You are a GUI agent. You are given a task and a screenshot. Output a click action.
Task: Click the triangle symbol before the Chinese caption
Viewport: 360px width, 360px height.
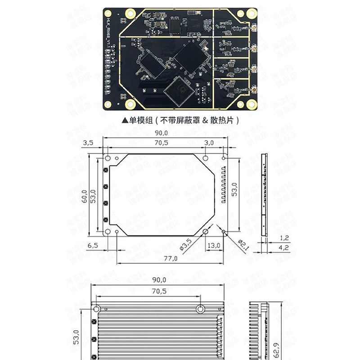click(x=125, y=121)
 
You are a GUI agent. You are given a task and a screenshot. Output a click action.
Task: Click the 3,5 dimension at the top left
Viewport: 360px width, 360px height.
click(x=88, y=143)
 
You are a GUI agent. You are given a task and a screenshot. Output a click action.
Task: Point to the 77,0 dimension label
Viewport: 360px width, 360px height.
click(x=170, y=258)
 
